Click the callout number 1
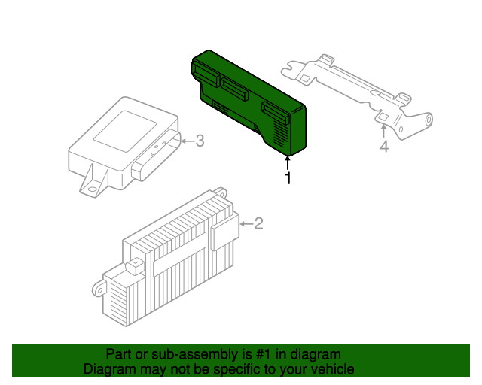pyautogui.click(x=286, y=178)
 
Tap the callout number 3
pyautogui.click(x=200, y=140)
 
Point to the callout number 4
pyautogui.click(x=383, y=147)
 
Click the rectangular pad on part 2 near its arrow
pyautogui.click(x=224, y=235)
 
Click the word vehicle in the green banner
pyautogui.click(x=333, y=369)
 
